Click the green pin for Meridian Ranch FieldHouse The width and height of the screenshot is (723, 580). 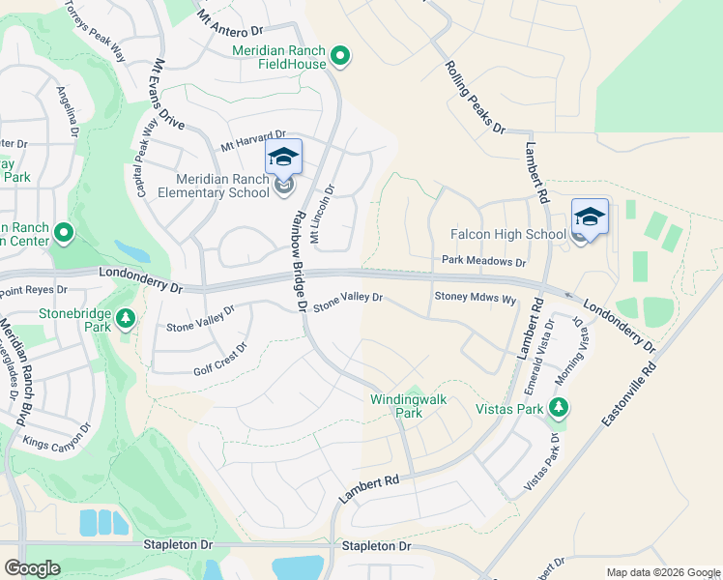[339, 58]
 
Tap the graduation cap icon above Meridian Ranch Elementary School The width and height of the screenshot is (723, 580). [283, 157]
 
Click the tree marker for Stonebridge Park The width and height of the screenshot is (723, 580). [125, 318]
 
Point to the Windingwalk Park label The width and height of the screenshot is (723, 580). [396, 405]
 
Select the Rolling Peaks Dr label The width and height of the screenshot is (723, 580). [475, 96]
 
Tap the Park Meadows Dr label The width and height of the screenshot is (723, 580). [483, 261]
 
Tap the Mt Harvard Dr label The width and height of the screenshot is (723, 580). [253, 141]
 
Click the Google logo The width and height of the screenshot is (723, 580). [32, 568]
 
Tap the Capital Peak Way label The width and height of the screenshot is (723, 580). [147, 159]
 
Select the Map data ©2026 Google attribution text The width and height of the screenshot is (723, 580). [662, 572]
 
